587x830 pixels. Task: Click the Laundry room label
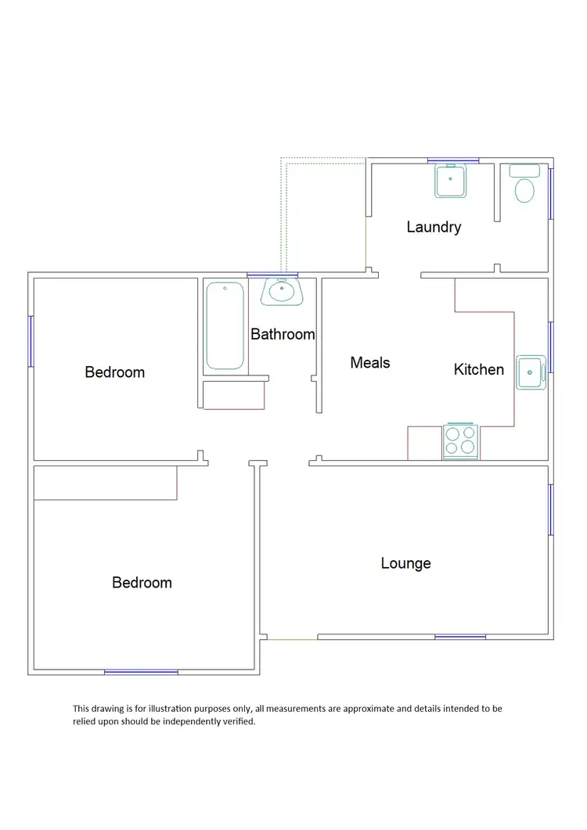(434, 228)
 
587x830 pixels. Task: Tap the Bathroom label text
(283, 334)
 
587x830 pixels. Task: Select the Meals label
(370, 362)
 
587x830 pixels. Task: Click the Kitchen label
(479, 368)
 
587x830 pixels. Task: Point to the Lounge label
(405, 563)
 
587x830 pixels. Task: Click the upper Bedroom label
(114, 372)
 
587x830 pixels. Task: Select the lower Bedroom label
(142, 583)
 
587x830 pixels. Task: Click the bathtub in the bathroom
(225, 326)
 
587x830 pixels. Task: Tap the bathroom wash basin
(282, 292)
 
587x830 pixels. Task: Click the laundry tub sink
(450, 181)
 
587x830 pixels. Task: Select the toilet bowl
(524, 189)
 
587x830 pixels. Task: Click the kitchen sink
(531, 372)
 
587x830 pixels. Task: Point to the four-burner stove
(460, 440)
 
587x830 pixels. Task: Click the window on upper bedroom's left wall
(31, 341)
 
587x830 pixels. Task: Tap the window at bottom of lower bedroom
(141, 671)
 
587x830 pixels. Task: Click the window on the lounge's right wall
(550, 509)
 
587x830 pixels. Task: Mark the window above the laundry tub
(453, 161)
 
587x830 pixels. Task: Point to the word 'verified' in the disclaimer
(236, 722)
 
